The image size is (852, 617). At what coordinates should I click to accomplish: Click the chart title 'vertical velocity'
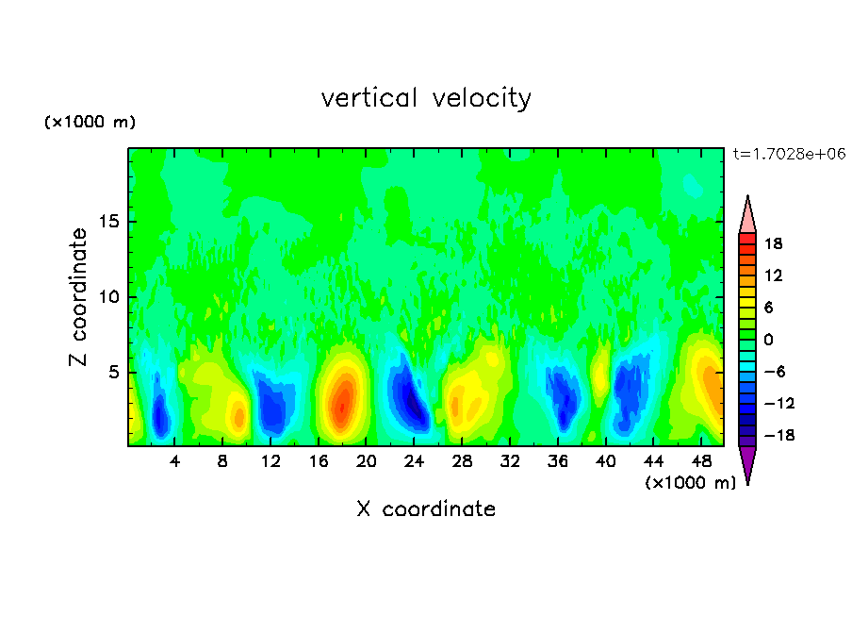(x=426, y=98)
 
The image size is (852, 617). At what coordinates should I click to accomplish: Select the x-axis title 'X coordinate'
(x=426, y=509)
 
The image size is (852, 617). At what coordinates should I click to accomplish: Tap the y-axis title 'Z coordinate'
(x=79, y=297)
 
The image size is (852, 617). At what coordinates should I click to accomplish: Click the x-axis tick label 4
(x=175, y=462)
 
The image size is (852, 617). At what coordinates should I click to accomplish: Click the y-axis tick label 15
(x=108, y=223)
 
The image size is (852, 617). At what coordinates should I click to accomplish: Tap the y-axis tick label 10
(x=108, y=297)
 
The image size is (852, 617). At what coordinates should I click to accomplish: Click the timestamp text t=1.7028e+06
(x=789, y=153)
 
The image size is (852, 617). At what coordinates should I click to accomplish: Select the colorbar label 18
(x=774, y=243)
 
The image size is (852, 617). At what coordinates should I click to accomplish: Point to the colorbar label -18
(x=771, y=435)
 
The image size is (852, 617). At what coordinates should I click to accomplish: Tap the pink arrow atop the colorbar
(x=747, y=214)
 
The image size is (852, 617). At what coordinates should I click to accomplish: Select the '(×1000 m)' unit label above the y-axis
(x=90, y=123)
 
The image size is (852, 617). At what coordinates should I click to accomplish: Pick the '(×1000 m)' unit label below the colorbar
(x=690, y=483)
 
